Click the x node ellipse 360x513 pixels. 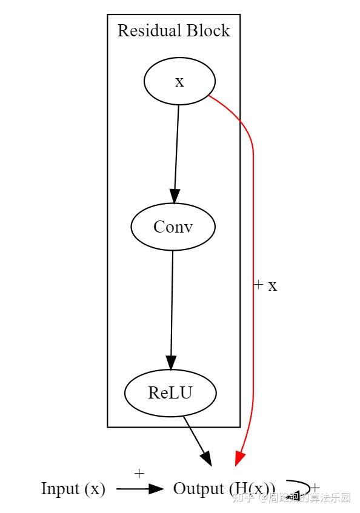(179, 82)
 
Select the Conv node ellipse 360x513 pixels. (173, 227)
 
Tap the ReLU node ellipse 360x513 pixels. (170, 392)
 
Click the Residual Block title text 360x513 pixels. (173, 30)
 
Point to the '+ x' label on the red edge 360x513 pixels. (265, 285)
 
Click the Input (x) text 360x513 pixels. (73, 489)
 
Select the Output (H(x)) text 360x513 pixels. (224, 489)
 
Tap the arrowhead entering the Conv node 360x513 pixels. (175, 196)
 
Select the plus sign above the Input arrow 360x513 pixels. (139, 474)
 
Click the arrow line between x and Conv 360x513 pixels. (176, 145)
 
